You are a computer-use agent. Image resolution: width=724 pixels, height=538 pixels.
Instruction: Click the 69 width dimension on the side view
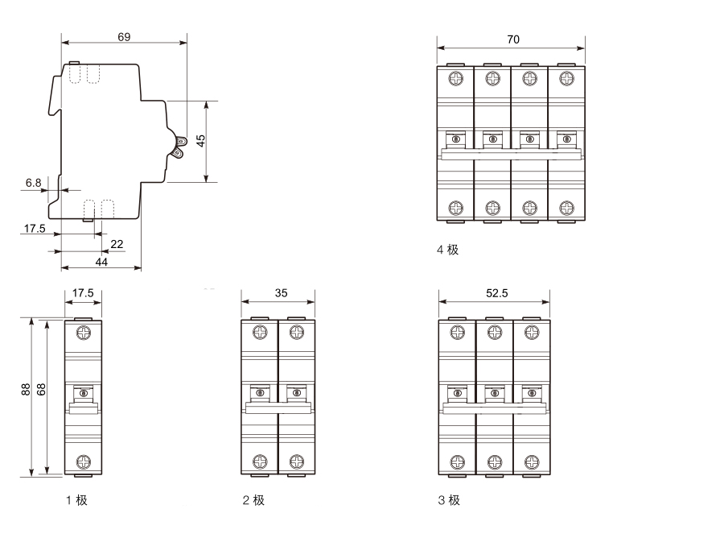pyautogui.click(x=123, y=36)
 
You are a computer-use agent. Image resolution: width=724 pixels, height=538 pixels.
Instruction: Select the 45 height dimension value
pyautogui.click(x=201, y=139)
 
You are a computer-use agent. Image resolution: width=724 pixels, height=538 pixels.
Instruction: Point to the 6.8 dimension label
pyautogui.click(x=33, y=184)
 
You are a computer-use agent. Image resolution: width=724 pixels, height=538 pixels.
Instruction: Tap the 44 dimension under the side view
pyautogui.click(x=101, y=261)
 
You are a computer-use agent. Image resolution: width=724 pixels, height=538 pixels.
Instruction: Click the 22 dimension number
pyautogui.click(x=117, y=244)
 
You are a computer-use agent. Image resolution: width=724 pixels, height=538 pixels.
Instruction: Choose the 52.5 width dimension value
pyautogui.click(x=496, y=294)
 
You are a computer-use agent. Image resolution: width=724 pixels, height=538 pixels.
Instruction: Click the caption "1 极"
pyautogui.click(x=76, y=500)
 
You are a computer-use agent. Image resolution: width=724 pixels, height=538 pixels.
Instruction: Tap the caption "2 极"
pyautogui.click(x=253, y=500)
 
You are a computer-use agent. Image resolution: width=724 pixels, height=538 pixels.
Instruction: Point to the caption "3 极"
pyautogui.click(x=449, y=500)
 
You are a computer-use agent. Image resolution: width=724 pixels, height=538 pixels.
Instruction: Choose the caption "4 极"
pyautogui.click(x=447, y=250)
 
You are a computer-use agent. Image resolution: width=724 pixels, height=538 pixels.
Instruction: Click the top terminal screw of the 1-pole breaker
pyautogui.click(x=84, y=332)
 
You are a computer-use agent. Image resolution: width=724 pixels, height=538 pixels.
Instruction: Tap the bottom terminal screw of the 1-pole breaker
pyautogui.click(x=84, y=461)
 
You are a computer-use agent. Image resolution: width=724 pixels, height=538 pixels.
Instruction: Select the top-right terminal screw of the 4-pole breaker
pyautogui.click(x=566, y=78)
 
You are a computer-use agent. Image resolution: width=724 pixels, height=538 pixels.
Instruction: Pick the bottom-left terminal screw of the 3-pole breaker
pyautogui.click(x=457, y=461)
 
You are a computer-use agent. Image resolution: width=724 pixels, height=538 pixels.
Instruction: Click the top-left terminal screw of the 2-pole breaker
pyautogui.click(x=260, y=332)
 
